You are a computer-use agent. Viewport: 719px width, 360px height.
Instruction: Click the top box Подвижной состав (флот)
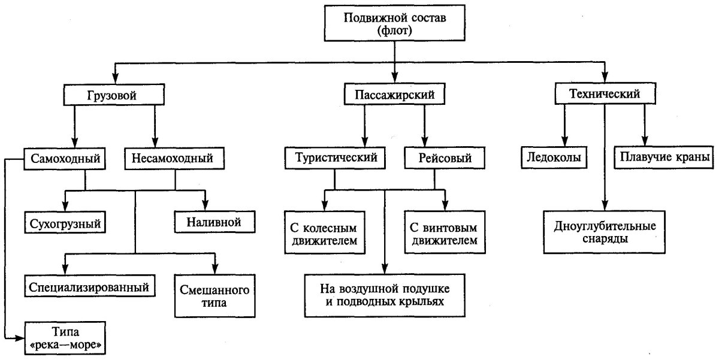[395, 25]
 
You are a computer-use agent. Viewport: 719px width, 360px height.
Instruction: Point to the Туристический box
[336, 159]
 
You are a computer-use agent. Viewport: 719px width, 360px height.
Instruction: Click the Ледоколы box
[553, 158]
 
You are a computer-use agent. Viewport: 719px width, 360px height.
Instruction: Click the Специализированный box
[89, 286]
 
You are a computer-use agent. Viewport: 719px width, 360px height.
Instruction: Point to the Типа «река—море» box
[66, 339]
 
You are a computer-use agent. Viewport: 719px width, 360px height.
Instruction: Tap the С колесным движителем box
[324, 235]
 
